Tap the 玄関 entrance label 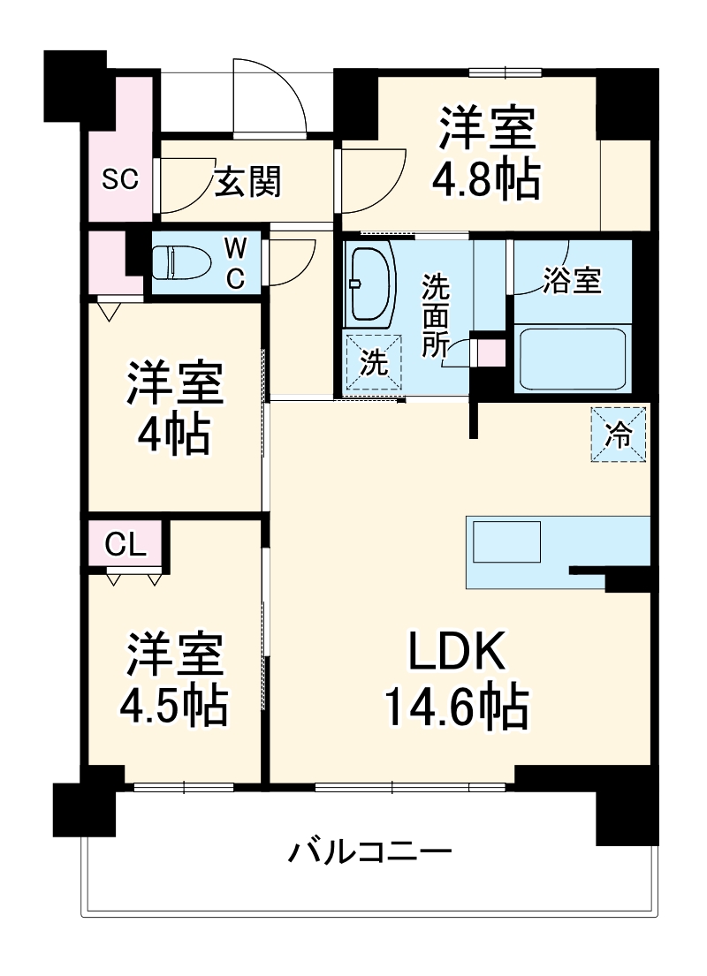click(x=248, y=183)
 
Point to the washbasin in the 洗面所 click(x=372, y=284)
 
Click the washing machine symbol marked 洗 click(x=373, y=362)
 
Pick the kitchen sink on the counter click(x=506, y=541)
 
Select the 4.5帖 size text click(x=174, y=704)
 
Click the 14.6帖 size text click(x=455, y=707)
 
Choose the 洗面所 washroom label click(x=434, y=315)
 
